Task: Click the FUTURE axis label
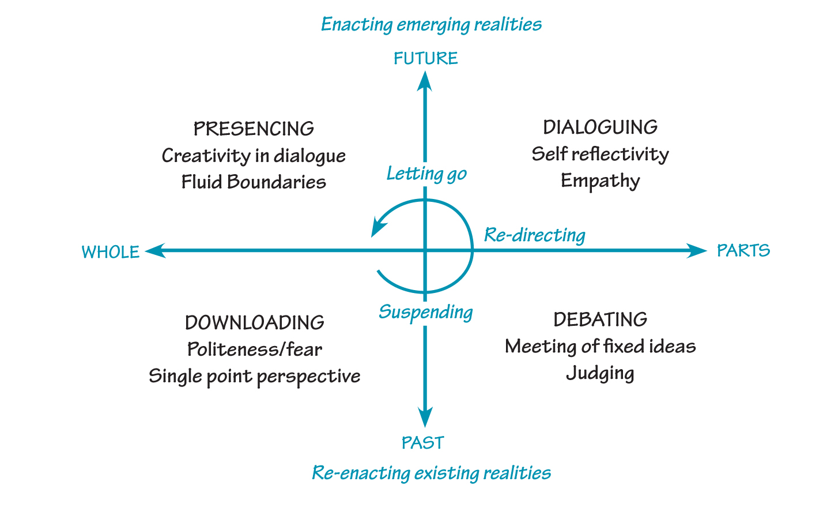(425, 58)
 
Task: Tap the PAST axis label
(423, 443)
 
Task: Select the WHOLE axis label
(111, 252)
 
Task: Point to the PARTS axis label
(743, 250)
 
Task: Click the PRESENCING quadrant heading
(254, 129)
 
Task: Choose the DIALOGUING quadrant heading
(600, 127)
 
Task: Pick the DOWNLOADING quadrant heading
(254, 322)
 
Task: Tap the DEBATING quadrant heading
(600, 319)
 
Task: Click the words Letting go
(426, 174)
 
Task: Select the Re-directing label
(534, 235)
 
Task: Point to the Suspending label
(425, 312)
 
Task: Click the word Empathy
(600, 181)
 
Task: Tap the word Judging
(600, 373)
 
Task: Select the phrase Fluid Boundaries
(254, 182)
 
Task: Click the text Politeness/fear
(254, 349)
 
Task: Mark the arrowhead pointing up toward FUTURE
(425, 81)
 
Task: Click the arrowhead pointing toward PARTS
(697, 250)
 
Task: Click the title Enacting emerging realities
(431, 24)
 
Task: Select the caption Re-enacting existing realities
(431, 473)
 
